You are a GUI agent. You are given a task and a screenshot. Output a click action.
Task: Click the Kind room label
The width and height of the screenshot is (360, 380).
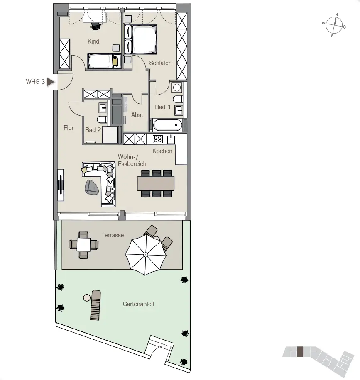pyautogui.click(x=93, y=41)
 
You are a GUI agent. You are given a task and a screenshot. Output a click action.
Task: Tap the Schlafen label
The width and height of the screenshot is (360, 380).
pyautogui.click(x=160, y=63)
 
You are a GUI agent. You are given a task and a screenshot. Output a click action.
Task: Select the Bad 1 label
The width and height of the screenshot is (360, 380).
pyautogui.click(x=163, y=107)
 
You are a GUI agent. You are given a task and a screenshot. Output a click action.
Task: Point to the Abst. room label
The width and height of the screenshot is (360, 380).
pyautogui.click(x=137, y=115)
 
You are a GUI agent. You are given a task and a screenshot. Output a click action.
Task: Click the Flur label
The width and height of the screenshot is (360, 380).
pyautogui.click(x=69, y=128)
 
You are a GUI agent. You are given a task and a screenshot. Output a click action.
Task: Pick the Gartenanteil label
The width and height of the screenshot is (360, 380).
pyautogui.click(x=138, y=304)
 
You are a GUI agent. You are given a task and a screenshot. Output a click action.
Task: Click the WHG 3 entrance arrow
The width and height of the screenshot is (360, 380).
pyautogui.click(x=50, y=82)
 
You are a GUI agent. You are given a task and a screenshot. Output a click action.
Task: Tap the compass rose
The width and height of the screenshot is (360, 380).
pyautogui.click(x=334, y=25)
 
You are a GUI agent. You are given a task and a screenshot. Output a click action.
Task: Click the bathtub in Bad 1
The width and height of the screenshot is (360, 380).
pyautogui.click(x=168, y=125)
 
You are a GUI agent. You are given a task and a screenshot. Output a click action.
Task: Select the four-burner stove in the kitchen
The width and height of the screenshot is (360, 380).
pyautogui.click(x=158, y=139)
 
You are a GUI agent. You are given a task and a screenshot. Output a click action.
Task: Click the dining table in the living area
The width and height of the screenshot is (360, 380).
pyautogui.click(x=156, y=183)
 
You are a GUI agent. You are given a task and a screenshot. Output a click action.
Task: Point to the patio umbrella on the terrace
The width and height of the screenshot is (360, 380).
pyautogui.click(x=146, y=255)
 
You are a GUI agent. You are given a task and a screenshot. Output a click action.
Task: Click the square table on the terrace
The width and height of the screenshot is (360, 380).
pyautogui.click(x=84, y=244)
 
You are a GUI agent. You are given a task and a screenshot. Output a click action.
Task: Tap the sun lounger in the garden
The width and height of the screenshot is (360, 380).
pyautogui.click(x=96, y=305)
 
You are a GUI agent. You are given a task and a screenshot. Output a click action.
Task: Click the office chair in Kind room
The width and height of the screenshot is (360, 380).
pyautogui.click(x=96, y=26)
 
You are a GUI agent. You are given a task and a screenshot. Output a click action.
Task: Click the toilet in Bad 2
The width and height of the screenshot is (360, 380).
pyautogui.click(x=102, y=119)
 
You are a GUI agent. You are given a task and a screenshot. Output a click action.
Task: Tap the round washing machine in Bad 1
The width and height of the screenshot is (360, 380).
pyautogui.click(x=177, y=88)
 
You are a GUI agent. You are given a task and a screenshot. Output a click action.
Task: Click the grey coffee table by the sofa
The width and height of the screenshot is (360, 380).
pyautogui.click(x=92, y=188)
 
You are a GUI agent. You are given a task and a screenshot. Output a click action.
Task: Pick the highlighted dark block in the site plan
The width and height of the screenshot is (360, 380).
pyautogui.click(x=300, y=352)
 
